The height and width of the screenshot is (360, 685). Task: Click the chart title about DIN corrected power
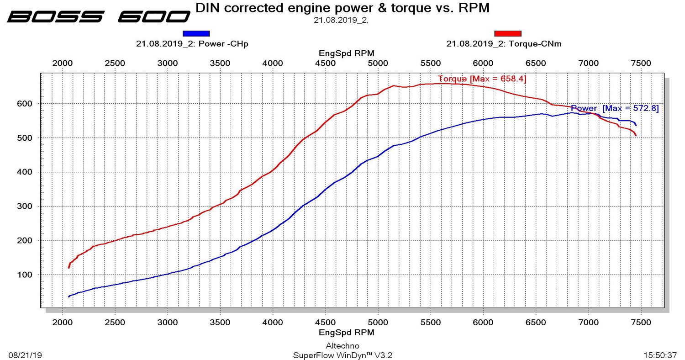click(x=342, y=8)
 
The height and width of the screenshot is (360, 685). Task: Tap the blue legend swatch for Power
click(x=196, y=33)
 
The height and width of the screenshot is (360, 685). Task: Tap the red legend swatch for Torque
click(x=507, y=33)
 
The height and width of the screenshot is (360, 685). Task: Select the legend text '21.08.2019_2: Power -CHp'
click(x=192, y=44)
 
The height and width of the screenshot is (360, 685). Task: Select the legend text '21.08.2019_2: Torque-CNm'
click(x=504, y=44)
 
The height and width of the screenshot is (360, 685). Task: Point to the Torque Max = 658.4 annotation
click(x=482, y=79)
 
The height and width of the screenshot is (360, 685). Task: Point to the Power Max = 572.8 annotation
click(x=615, y=108)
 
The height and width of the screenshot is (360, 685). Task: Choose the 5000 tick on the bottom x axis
click(x=378, y=323)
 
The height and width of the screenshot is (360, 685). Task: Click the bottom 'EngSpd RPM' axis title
click(x=346, y=332)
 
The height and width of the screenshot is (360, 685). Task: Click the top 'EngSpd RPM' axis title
click(x=346, y=53)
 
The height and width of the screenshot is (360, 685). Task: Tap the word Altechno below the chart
click(x=342, y=346)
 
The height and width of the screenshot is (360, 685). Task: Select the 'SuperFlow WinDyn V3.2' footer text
click(x=342, y=355)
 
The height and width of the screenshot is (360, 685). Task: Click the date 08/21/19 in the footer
click(x=25, y=355)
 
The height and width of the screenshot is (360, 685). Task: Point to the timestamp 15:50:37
click(x=660, y=355)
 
